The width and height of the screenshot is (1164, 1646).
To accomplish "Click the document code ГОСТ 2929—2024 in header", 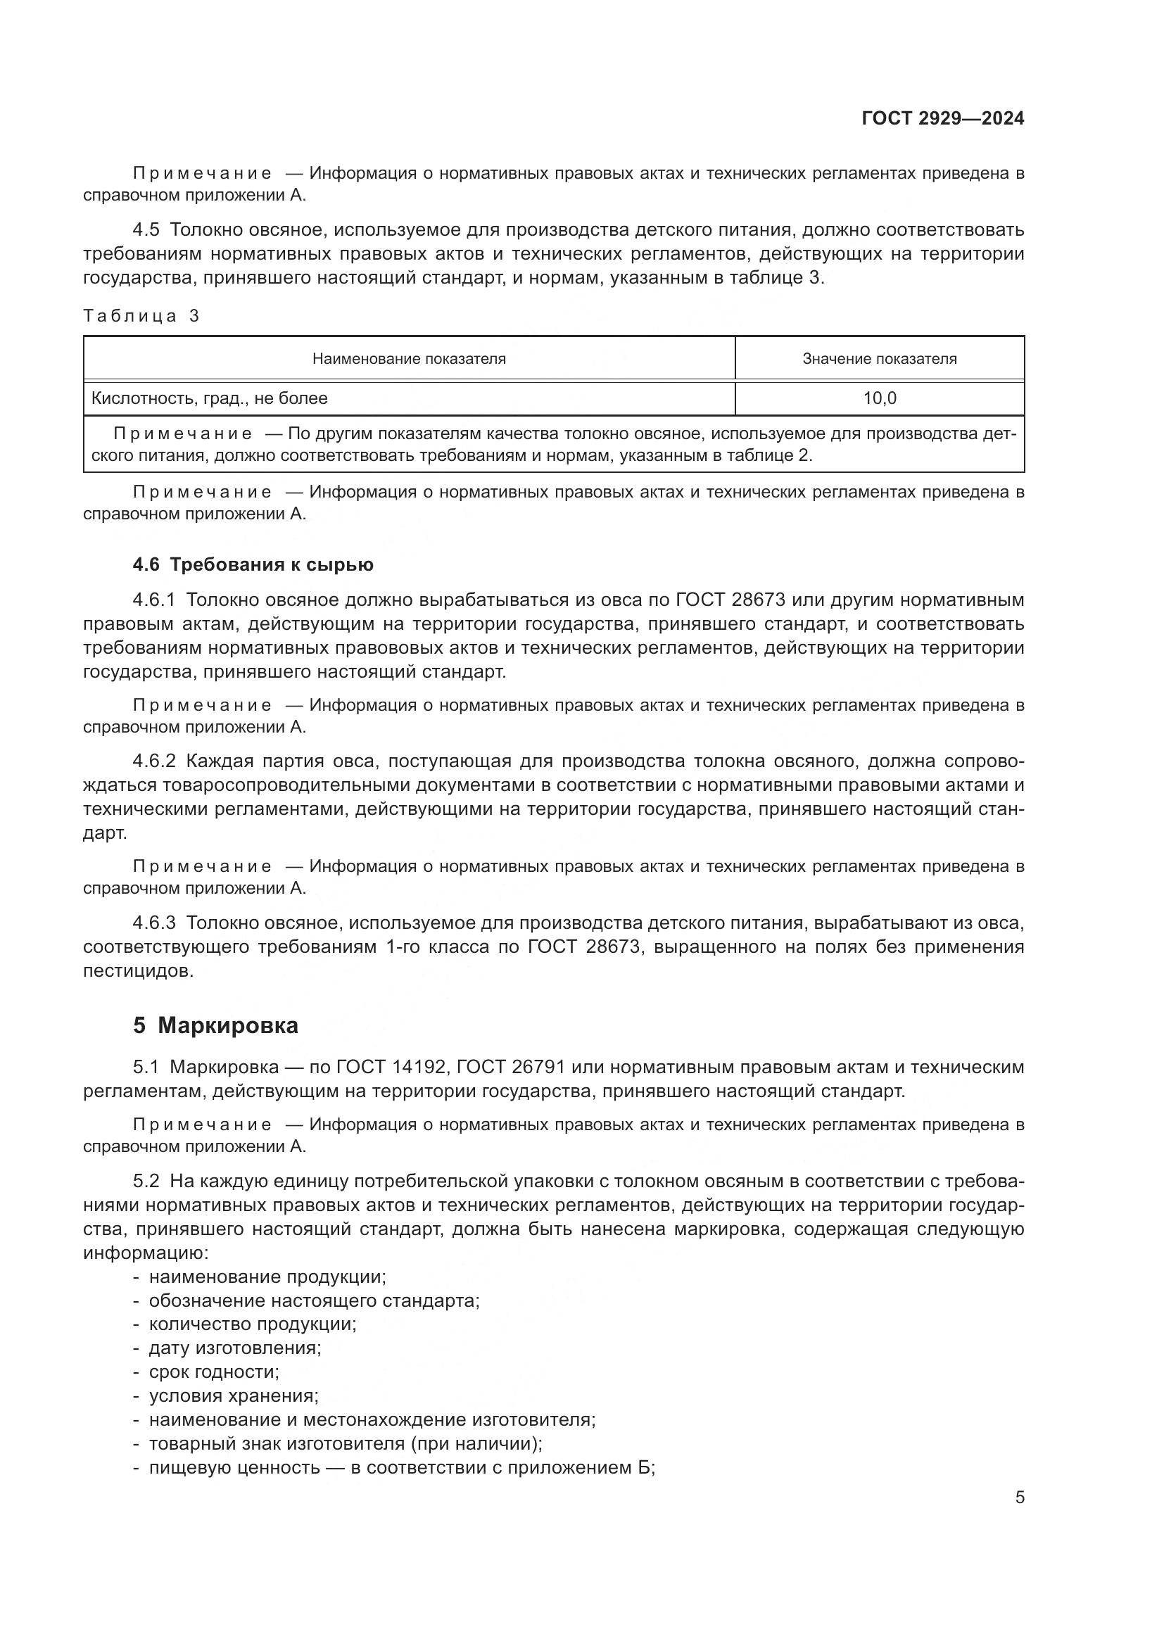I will (x=942, y=118).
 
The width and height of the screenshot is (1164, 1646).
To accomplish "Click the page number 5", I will (x=1020, y=1498).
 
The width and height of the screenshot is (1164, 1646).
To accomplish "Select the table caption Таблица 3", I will (x=141, y=316).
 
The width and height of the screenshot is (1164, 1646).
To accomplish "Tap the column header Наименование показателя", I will (x=409, y=358).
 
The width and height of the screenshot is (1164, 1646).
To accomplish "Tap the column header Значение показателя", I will (x=880, y=358).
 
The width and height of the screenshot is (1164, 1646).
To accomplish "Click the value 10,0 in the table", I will (x=880, y=398).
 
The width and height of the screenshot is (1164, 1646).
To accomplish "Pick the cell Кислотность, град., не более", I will (x=209, y=398).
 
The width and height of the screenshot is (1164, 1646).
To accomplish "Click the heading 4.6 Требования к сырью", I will (x=253, y=565).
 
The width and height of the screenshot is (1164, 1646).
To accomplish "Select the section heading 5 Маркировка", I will (x=215, y=1026).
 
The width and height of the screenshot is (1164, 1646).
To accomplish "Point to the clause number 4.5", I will (x=146, y=230).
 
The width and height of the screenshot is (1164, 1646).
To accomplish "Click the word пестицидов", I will (x=138, y=971).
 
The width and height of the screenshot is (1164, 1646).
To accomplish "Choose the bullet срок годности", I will (x=214, y=1372).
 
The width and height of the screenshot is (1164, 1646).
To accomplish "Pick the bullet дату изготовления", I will (x=234, y=1348).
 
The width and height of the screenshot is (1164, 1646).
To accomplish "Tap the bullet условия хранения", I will (x=233, y=1395).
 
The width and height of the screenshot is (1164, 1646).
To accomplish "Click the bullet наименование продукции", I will (x=267, y=1277).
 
